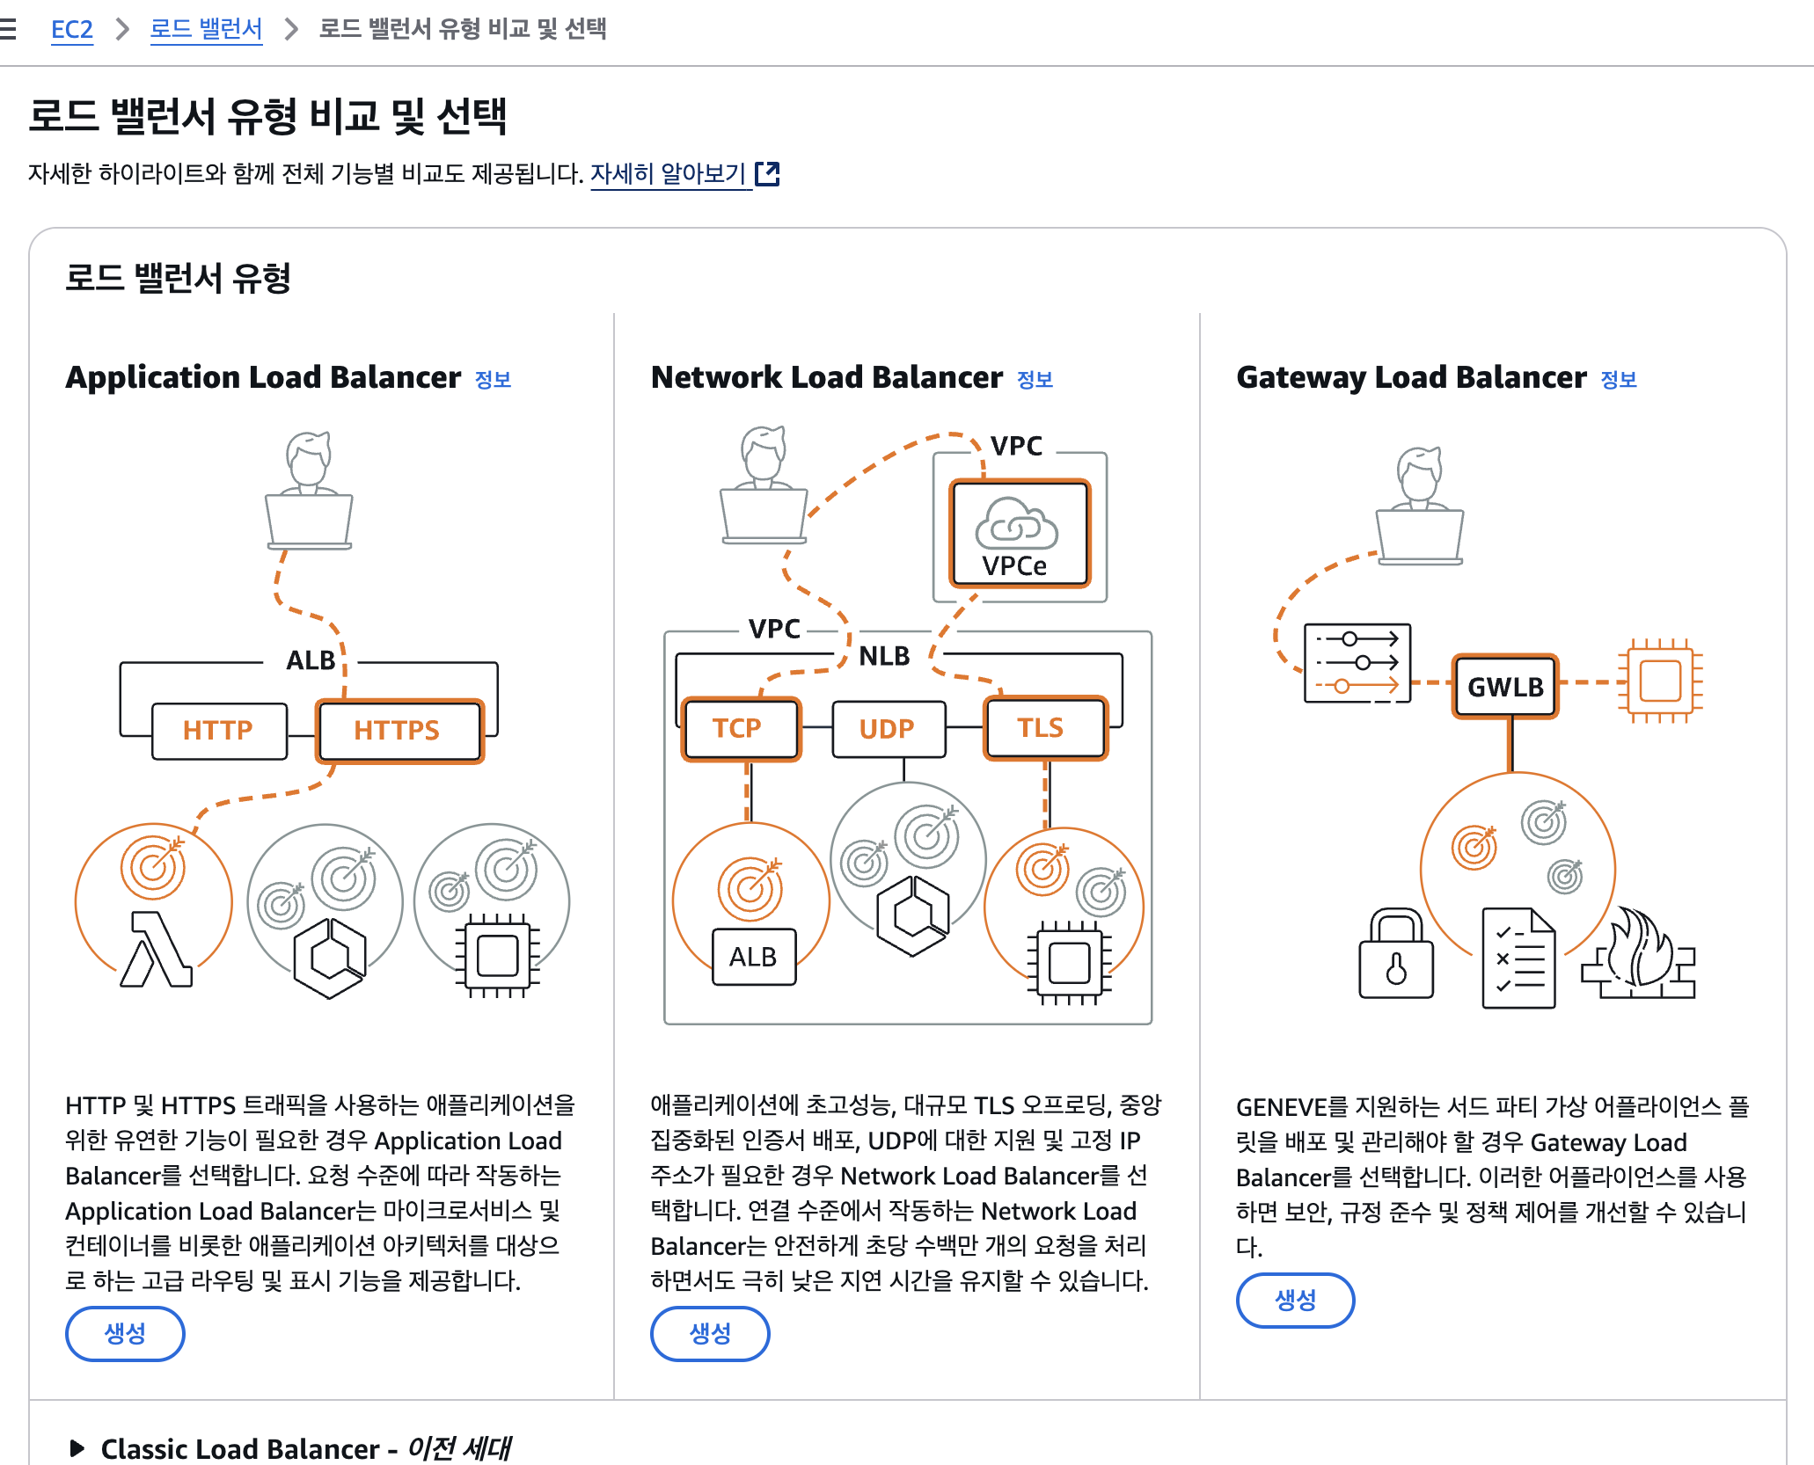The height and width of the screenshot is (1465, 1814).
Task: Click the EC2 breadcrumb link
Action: (71, 29)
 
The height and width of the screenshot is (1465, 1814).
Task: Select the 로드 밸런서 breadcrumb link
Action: (206, 29)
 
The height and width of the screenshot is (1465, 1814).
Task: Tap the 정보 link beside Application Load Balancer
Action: (493, 380)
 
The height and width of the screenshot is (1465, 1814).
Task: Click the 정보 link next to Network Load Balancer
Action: (1035, 380)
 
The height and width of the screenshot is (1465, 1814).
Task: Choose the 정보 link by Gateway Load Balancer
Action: (1618, 380)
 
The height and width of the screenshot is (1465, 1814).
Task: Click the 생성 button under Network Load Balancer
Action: (710, 1333)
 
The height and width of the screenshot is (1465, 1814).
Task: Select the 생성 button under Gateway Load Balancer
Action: (1295, 1300)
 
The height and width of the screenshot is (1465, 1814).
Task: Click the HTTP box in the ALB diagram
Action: (218, 730)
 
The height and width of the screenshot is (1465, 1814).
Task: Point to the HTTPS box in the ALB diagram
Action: (399, 730)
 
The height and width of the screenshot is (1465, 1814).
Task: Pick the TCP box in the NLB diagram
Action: (739, 728)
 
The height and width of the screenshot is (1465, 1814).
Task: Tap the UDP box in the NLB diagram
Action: (888, 729)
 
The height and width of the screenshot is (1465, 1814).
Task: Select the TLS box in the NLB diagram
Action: (1043, 728)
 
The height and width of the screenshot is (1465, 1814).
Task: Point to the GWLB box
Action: (1505, 687)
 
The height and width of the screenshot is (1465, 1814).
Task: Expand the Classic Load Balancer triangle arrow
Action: (77, 1448)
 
